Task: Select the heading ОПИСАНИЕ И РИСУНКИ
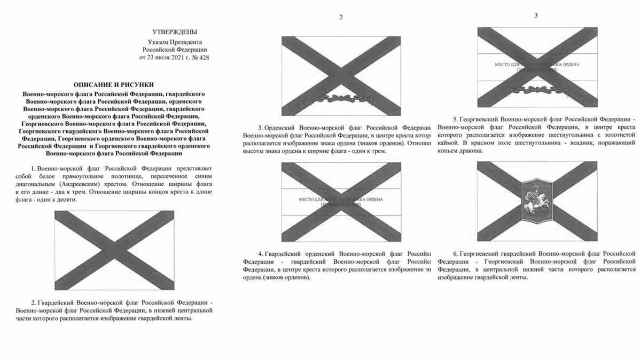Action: pyautogui.click(x=113, y=84)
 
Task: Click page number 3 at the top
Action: pyautogui.click(x=536, y=15)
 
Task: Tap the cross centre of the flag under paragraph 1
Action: pyautogui.click(x=114, y=249)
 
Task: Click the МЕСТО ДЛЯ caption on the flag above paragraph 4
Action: pyautogui.click(x=311, y=199)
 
